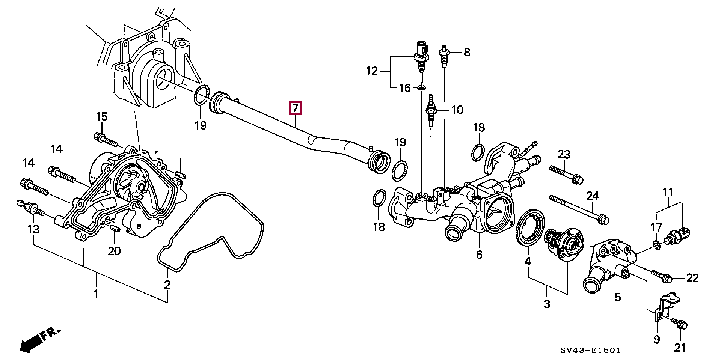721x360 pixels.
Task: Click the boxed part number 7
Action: [x=295, y=108]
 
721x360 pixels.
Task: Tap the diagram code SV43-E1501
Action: [x=591, y=351]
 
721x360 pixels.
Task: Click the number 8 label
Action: [x=467, y=52]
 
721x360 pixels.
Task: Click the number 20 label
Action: [x=114, y=250]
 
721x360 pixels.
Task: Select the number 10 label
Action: [x=457, y=110]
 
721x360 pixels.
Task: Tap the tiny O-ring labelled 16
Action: [x=421, y=88]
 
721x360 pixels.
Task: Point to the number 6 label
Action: [x=479, y=255]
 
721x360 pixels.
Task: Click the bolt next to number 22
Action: [x=663, y=277]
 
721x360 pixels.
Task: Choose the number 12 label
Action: [x=372, y=71]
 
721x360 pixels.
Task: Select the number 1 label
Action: [x=96, y=294]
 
